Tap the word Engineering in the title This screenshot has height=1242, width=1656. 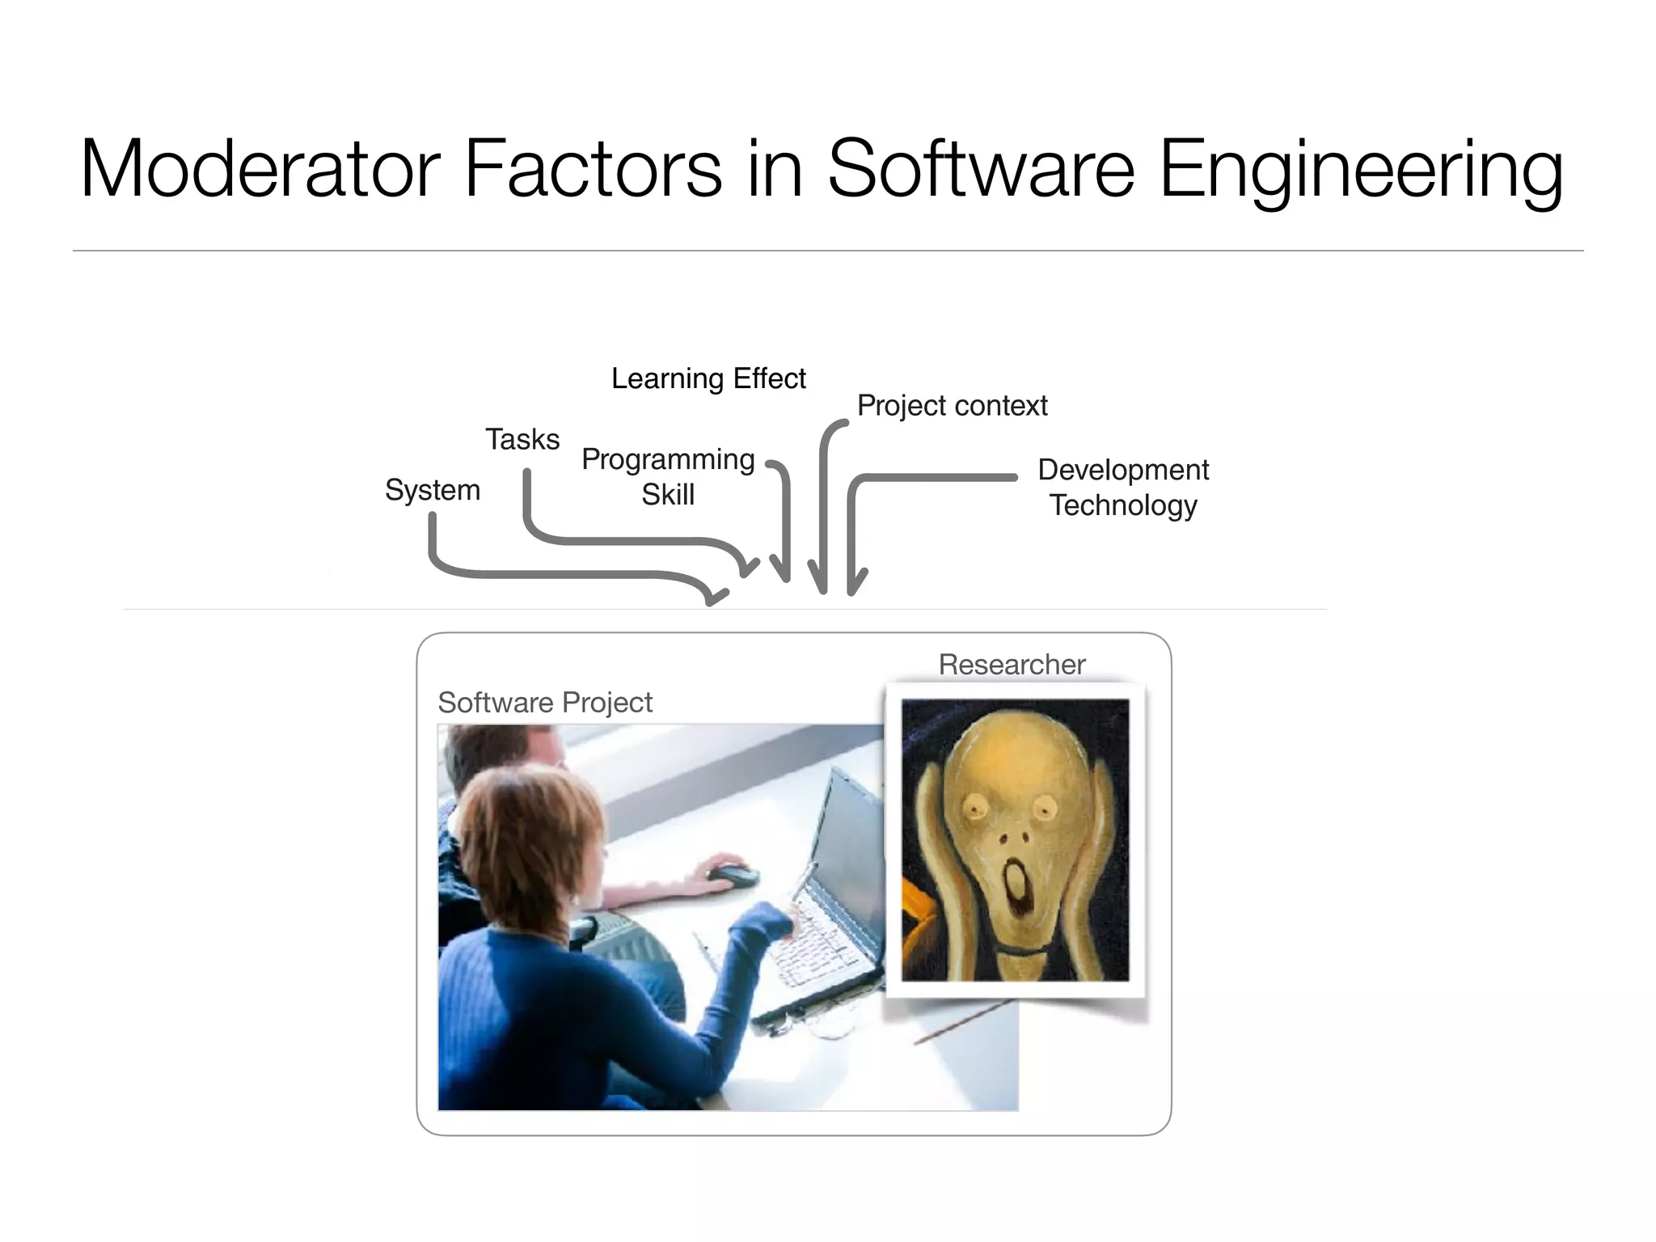[1361, 171]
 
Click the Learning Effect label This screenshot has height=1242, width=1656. [708, 378]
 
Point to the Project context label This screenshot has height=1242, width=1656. [952, 405]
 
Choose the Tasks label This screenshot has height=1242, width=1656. [522, 439]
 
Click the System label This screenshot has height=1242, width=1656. [433, 490]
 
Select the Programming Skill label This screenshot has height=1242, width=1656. [668, 476]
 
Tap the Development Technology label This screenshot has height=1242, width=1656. [1123, 487]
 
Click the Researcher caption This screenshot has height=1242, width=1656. [1012, 665]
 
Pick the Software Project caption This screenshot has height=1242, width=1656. [545, 703]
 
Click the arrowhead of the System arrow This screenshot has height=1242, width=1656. [715, 596]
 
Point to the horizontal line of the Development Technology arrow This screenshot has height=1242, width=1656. [938, 478]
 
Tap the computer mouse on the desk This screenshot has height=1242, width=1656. [732, 875]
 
